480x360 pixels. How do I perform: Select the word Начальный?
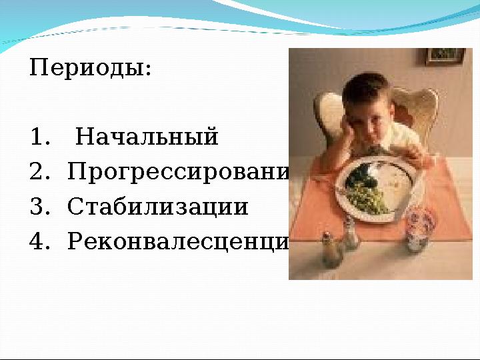pyautogui.click(x=147, y=137)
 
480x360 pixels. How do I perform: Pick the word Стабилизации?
pyautogui.click(x=158, y=207)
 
